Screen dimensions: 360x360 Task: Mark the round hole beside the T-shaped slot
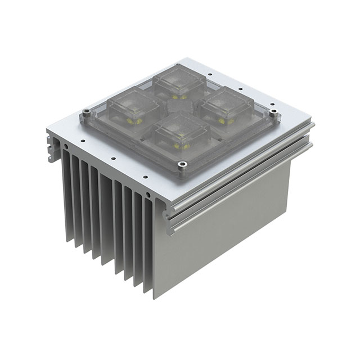[x=67, y=147]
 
